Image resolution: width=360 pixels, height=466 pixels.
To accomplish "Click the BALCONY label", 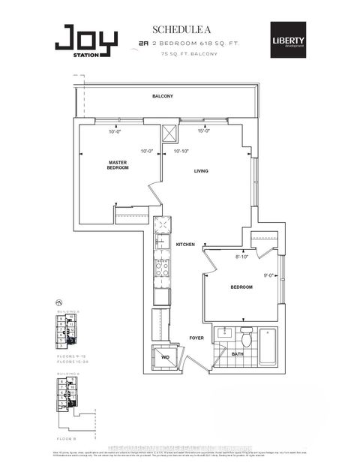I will pos(163,97).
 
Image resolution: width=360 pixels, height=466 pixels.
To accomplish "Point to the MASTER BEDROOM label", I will pos(116,166).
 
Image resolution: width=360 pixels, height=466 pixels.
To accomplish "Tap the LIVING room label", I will pos(201,172).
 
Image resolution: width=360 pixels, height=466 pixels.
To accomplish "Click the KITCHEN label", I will pos(186,245).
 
